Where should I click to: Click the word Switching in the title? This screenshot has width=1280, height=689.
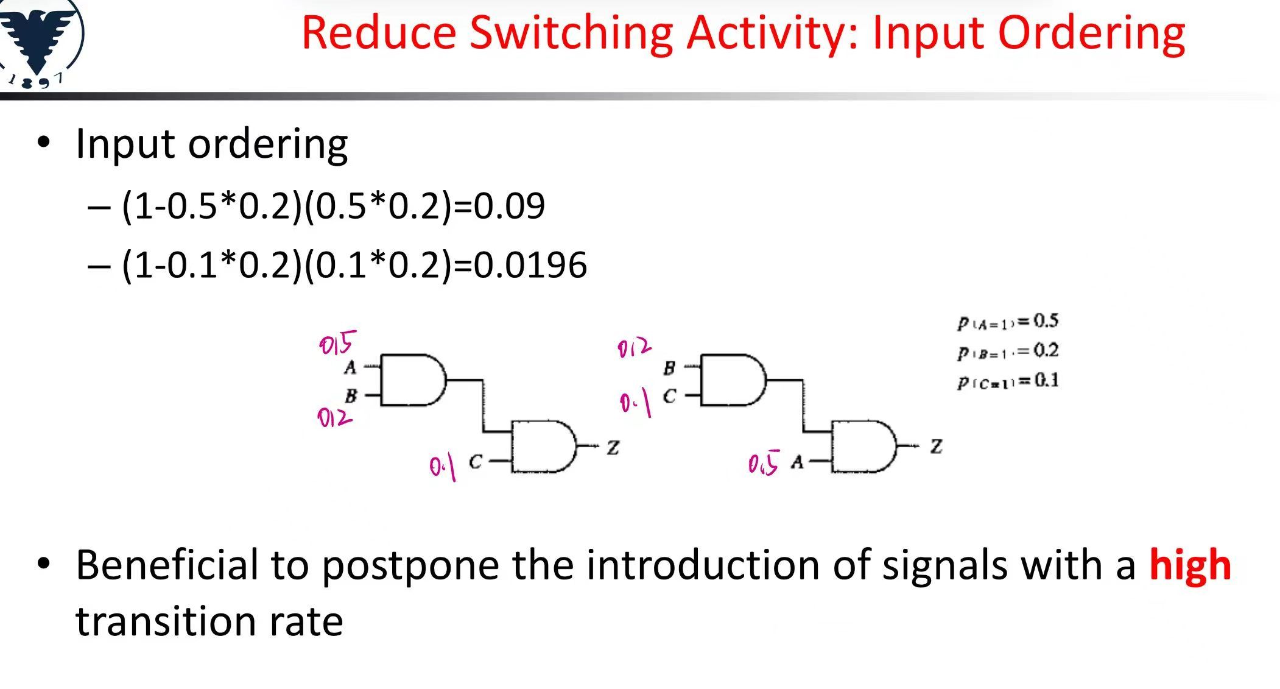pyautogui.click(x=571, y=34)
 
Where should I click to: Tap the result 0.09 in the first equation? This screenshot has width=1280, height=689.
pyautogui.click(x=509, y=206)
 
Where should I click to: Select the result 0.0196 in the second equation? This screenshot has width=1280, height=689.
pyautogui.click(x=530, y=265)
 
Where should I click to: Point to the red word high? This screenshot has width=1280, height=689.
pyautogui.click(x=1190, y=565)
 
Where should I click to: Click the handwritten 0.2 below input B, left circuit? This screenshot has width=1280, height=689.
pyautogui.click(x=334, y=418)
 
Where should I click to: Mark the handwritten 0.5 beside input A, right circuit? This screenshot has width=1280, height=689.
pyautogui.click(x=764, y=464)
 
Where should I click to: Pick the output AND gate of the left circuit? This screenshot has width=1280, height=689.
pyautogui.click(x=544, y=446)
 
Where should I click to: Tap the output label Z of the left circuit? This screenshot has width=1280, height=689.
pyautogui.click(x=613, y=448)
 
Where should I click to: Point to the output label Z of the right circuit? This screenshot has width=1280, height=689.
pyautogui.click(x=936, y=447)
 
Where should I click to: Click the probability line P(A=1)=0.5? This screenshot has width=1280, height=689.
pyautogui.click(x=1008, y=322)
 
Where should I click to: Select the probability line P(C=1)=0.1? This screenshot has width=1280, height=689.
pyautogui.click(x=1008, y=381)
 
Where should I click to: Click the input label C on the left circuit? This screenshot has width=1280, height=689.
pyautogui.click(x=476, y=462)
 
